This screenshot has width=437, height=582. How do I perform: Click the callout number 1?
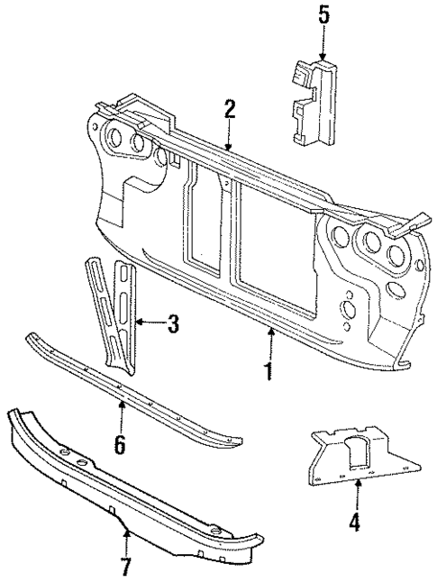point(269,370)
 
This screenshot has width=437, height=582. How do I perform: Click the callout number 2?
point(230,110)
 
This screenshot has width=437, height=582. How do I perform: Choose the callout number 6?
point(120,444)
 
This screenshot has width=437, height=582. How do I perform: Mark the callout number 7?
point(126,567)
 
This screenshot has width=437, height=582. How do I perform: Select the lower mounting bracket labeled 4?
point(360,455)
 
